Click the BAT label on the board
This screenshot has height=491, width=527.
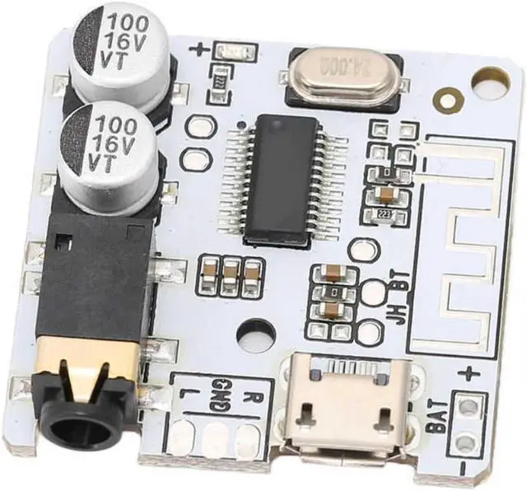437,415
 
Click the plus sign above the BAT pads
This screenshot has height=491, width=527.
469,374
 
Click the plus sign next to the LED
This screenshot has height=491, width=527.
200,49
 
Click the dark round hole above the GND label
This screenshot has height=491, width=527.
255,336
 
